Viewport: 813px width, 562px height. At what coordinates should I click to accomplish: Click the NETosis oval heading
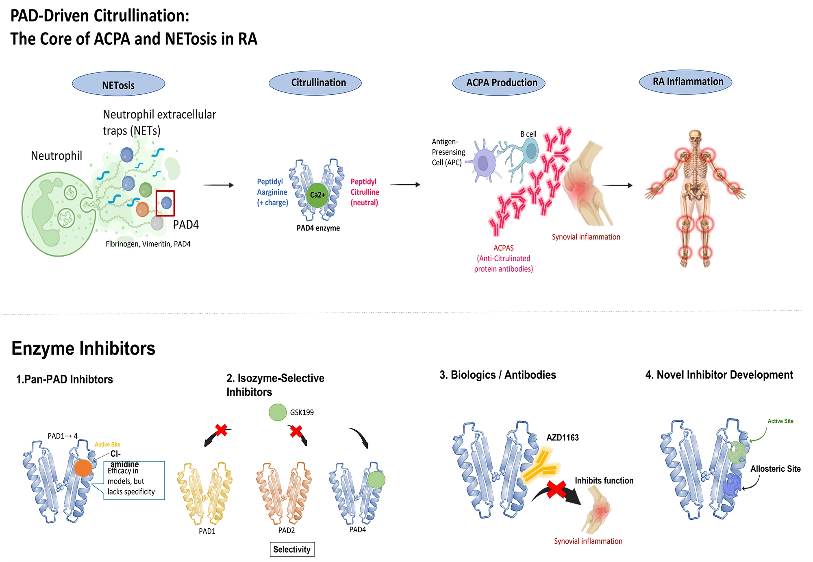[x=118, y=84]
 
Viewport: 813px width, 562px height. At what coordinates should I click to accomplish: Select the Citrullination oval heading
[x=315, y=83]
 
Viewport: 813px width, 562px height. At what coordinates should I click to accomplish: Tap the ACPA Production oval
[x=499, y=83]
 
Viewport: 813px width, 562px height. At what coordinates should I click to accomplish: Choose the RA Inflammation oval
[x=685, y=82]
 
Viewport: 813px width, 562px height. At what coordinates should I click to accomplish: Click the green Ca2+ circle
[x=317, y=195]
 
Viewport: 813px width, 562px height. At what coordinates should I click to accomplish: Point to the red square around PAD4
[x=165, y=203]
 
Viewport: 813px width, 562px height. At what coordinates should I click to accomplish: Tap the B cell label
[x=528, y=134]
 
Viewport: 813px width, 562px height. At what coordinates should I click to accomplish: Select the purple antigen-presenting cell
[x=483, y=163]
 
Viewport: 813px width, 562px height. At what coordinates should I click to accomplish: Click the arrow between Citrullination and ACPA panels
[x=405, y=185]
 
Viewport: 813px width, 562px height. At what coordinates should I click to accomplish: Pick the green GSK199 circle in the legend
[x=278, y=412]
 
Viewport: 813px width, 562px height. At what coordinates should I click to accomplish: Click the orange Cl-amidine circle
[x=83, y=468]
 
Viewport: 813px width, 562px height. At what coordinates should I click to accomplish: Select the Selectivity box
[x=292, y=549]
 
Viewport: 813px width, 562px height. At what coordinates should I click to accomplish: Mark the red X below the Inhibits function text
[x=556, y=489]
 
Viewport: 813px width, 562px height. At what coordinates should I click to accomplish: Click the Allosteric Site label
[x=775, y=468]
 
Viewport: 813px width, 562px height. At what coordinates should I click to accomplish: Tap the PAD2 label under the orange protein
[x=287, y=530]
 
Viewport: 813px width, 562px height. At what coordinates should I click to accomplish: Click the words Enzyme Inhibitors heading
[x=83, y=349]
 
